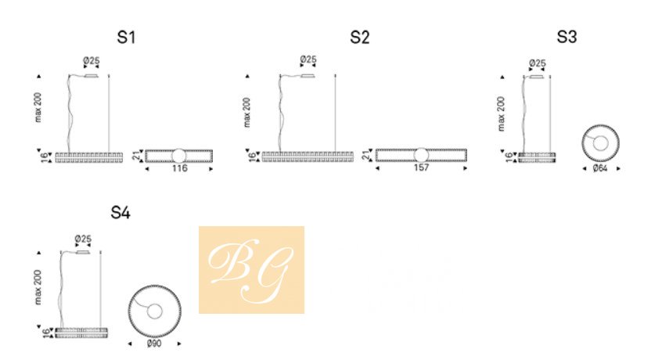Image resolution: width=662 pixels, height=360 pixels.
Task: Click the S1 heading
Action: pyautogui.click(x=126, y=37)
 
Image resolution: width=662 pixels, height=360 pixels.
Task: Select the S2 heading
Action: pyautogui.click(x=360, y=37)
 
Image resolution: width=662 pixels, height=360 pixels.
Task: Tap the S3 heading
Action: pyautogui.click(x=567, y=37)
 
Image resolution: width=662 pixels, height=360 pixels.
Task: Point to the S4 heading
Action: pyautogui.click(x=121, y=212)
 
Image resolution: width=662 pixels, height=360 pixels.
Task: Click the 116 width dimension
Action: pyautogui.click(x=179, y=168)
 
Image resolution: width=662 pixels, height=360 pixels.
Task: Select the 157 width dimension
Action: pyautogui.click(x=421, y=167)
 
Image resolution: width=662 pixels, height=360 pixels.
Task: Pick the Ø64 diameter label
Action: pyautogui.click(x=600, y=168)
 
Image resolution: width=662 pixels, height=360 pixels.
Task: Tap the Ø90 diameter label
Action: pyautogui.click(x=154, y=343)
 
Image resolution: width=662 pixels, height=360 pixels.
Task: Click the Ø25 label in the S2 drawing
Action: pyautogui.click(x=308, y=59)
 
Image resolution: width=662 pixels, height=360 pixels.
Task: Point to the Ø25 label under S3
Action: pyautogui.click(x=537, y=63)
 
